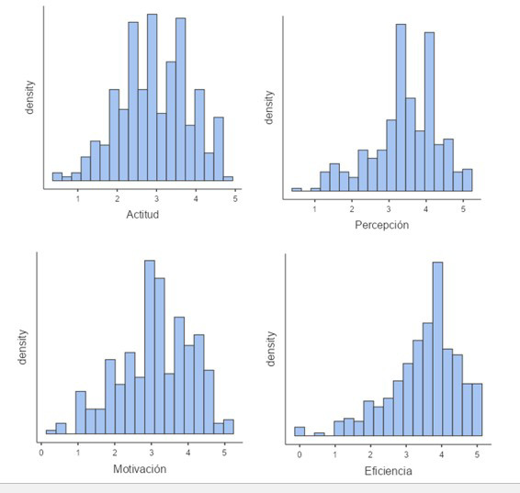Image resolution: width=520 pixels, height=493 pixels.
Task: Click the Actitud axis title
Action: [142, 214]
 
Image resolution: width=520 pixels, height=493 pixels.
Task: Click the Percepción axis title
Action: [381, 225]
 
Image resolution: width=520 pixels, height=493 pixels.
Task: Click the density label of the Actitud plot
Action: [30, 95]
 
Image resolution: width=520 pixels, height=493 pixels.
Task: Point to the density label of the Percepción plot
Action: [269, 107]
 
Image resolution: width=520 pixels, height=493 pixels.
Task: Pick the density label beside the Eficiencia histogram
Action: [270, 350]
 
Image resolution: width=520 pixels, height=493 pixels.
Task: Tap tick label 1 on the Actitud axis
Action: [77, 198]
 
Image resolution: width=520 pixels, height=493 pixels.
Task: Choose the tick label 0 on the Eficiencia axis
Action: [300, 454]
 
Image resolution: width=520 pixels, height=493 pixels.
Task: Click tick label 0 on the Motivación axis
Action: [41, 452]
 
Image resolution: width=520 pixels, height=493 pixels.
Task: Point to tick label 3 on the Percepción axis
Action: [390, 209]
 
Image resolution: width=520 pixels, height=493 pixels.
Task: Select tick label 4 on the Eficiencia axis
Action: [441, 454]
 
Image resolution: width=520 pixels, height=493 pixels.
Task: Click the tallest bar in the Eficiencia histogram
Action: [437, 349]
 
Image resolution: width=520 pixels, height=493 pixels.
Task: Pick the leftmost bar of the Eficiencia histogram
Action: [300, 431]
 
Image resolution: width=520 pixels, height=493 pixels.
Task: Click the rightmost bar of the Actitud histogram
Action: [228, 178]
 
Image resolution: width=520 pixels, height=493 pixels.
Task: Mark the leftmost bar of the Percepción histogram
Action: [296, 189]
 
